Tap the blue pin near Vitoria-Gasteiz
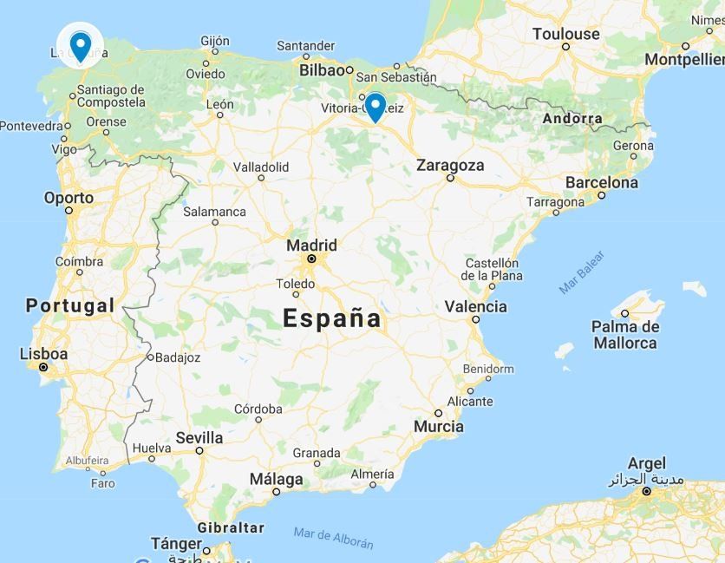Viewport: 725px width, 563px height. pyautogui.click(x=375, y=107)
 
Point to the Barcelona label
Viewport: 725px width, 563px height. pyautogui.click(x=601, y=182)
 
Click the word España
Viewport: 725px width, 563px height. pyautogui.click(x=332, y=318)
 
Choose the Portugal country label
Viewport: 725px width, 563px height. pyautogui.click(x=69, y=305)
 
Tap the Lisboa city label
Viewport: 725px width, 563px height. pyautogui.click(x=43, y=354)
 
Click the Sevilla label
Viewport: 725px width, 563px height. pyautogui.click(x=199, y=438)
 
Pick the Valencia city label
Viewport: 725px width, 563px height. pyautogui.click(x=475, y=306)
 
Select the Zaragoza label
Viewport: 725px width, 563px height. pyautogui.click(x=450, y=165)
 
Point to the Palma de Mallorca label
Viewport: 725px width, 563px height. pyautogui.click(x=624, y=335)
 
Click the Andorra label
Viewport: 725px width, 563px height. pyautogui.click(x=572, y=119)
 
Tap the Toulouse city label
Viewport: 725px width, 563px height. pyautogui.click(x=566, y=34)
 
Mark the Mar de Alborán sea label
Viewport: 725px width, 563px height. pyautogui.click(x=333, y=538)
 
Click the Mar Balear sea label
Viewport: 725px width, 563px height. pyautogui.click(x=581, y=272)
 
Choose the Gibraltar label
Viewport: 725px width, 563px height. pyautogui.click(x=230, y=527)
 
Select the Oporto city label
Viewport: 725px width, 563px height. pyautogui.click(x=69, y=198)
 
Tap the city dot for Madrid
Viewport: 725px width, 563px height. pyautogui.click(x=310, y=259)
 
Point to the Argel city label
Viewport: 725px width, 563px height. pyautogui.click(x=646, y=463)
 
